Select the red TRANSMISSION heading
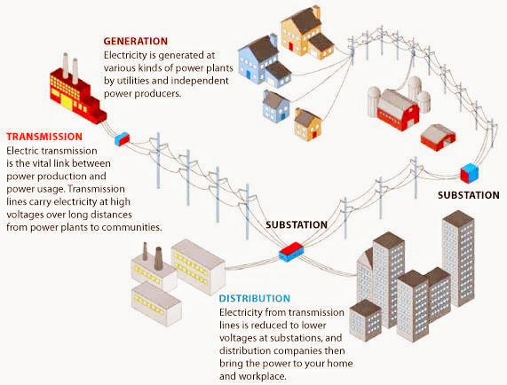pyautogui.click(x=44, y=137)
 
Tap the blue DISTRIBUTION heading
pyautogui.click(x=254, y=299)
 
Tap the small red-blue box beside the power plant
pyautogui.click(x=122, y=138)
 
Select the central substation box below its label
pyautogui.click(x=291, y=253)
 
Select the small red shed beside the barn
pyautogui.click(x=438, y=137)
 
